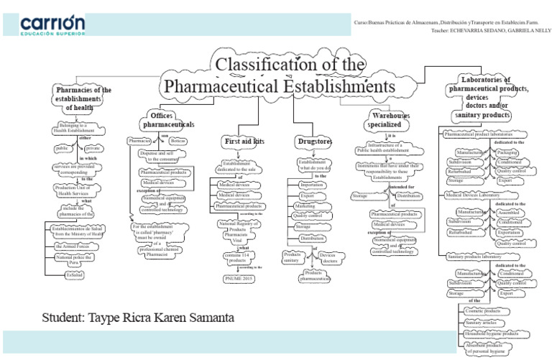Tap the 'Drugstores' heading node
pyautogui.click(x=314, y=142)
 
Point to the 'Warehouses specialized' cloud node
pyautogui.click(x=390, y=120)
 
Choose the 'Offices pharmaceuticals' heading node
pyautogui.click(x=168, y=120)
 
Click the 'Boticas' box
pyautogui.click(x=178, y=142)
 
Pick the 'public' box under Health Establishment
pyautogui.click(x=63, y=149)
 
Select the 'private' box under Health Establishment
pyautogui.click(x=95, y=149)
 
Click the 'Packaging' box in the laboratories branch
pyautogui.click(x=507, y=153)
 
